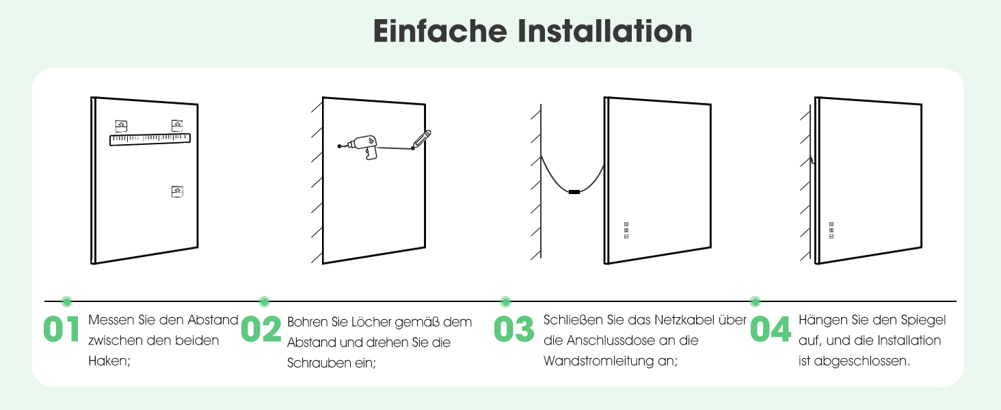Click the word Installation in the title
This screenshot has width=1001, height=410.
[x=605, y=31]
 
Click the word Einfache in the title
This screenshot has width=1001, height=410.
[x=440, y=31]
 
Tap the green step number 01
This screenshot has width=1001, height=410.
[x=62, y=329]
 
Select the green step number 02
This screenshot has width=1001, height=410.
[x=261, y=329]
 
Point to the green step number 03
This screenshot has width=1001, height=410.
[x=514, y=329]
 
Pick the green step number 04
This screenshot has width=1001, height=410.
[x=771, y=329]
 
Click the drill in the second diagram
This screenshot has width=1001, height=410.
[x=360, y=146]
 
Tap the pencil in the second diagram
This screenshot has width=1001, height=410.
[x=421, y=139]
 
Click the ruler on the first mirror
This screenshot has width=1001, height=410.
[x=150, y=139]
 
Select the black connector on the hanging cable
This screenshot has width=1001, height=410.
[x=574, y=192]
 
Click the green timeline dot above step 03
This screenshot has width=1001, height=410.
[x=505, y=301]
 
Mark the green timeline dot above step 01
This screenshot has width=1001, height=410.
[x=66, y=301]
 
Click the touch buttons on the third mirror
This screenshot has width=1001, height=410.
[x=626, y=230]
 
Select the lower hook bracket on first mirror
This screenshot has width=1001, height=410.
[x=177, y=191]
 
